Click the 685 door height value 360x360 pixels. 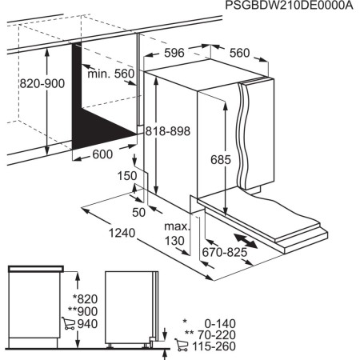222,160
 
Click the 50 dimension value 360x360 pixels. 139,211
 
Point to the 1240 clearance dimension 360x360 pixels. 120,234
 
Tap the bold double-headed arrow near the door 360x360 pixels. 246,239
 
